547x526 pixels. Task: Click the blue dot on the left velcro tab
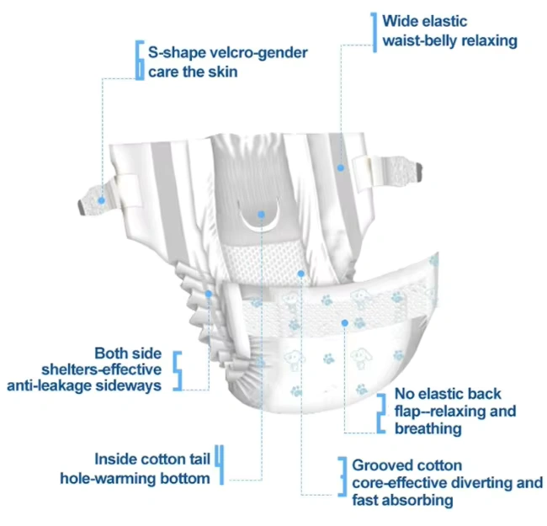pos(100,200)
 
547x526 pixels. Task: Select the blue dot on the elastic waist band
pos(341,167)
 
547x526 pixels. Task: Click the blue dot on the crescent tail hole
pos(262,215)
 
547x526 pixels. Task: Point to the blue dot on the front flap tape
pos(344,322)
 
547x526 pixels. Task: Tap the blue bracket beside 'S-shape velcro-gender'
pos(140,61)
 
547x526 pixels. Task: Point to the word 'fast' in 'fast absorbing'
pos(366,501)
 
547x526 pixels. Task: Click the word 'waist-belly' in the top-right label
pos(420,40)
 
